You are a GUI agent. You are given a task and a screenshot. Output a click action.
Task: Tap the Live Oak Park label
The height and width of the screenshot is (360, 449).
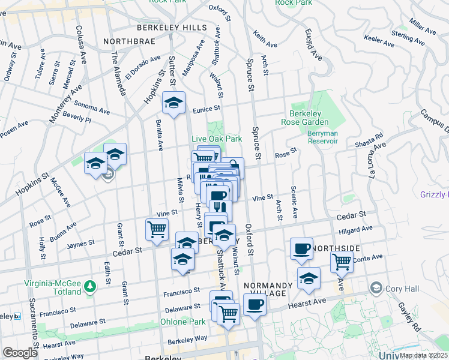(217, 139)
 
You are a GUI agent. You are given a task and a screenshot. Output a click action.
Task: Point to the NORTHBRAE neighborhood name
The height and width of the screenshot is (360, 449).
(129, 41)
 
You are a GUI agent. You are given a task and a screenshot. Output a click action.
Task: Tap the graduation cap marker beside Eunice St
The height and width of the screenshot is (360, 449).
(173, 104)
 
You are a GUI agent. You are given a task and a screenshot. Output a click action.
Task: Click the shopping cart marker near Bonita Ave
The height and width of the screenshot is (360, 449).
(157, 230)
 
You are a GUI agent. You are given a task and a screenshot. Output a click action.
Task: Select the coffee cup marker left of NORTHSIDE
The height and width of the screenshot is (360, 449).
(301, 248)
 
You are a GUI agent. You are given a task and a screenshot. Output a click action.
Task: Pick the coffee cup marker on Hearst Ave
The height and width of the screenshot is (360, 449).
(254, 304)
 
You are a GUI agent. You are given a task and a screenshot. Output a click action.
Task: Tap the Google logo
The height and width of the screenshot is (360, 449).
(20, 353)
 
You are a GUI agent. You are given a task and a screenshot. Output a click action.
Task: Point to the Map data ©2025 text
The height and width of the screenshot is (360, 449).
(424, 355)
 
